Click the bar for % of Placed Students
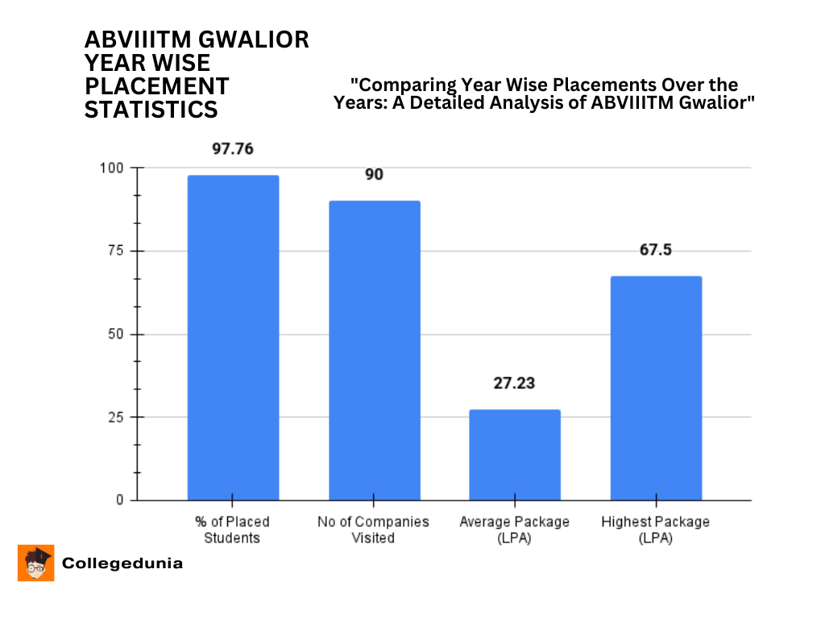(x=233, y=338)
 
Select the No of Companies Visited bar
(x=374, y=351)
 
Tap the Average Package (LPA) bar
(x=515, y=455)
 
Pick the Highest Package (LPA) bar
(x=656, y=388)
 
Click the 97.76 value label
(x=233, y=149)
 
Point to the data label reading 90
(x=374, y=175)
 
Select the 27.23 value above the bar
(x=515, y=384)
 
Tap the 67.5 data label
(x=656, y=250)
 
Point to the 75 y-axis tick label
(x=117, y=251)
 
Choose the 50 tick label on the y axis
(x=117, y=334)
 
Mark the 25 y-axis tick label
(x=117, y=418)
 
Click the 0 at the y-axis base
(x=120, y=501)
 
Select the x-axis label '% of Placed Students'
(x=233, y=530)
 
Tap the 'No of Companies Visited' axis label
(x=374, y=530)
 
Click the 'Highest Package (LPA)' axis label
(x=656, y=530)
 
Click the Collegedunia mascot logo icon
(x=36, y=563)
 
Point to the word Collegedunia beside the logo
(x=122, y=563)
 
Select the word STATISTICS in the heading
(x=151, y=110)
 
